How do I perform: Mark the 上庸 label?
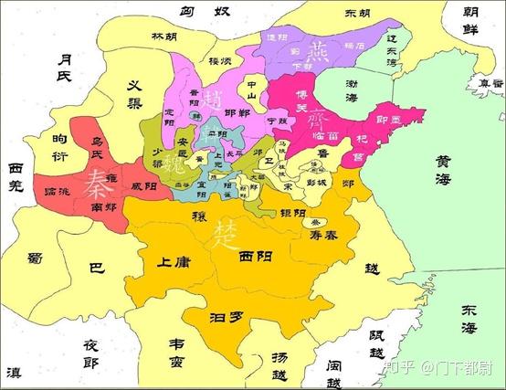coord(174,263)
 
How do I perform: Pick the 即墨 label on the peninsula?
coord(399,120)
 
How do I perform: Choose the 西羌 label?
coord(16,180)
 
